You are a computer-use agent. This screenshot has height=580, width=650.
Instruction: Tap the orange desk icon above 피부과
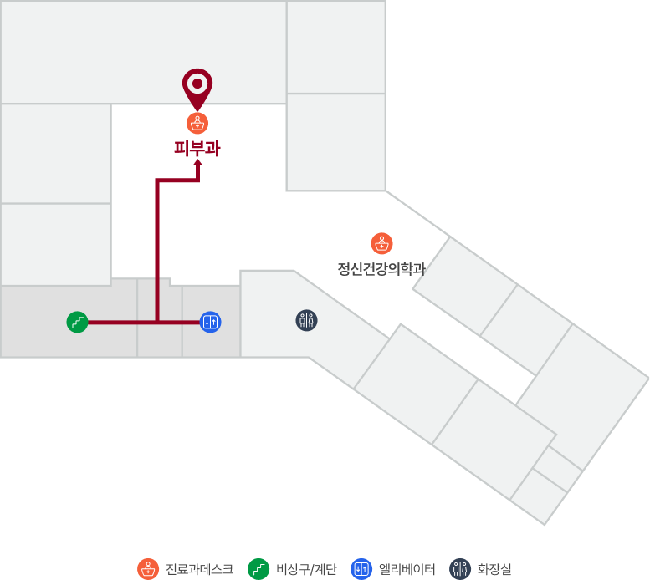click(197, 124)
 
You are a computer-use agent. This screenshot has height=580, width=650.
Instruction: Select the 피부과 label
click(197, 149)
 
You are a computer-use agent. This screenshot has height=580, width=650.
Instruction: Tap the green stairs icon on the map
click(78, 322)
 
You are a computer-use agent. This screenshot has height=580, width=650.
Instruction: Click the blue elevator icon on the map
click(211, 322)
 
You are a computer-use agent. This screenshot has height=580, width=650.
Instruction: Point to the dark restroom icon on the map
click(307, 320)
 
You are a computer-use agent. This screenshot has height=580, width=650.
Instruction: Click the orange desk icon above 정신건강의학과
click(381, 243)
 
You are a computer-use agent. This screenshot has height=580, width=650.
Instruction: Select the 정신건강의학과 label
click(381, 269)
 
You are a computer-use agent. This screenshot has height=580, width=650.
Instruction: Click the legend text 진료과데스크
click(200, 569)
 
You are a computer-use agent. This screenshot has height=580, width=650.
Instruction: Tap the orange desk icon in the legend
click(148, 569)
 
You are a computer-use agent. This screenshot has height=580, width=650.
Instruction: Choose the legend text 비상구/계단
click(306, 569)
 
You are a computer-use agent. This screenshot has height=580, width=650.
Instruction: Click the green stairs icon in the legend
click(258, 569)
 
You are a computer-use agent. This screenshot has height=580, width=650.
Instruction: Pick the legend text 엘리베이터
click(407, 569)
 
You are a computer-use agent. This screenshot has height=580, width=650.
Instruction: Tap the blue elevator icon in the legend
click(361, 569)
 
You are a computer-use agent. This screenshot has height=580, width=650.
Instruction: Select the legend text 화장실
click(494, 569)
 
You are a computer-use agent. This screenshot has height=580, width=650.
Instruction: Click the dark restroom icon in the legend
click(460, 569)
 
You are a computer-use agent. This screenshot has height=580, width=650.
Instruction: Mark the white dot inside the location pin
click(197, 84)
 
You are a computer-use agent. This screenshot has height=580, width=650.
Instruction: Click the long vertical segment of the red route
click(157, 251)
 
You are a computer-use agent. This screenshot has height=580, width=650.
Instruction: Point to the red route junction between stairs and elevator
click(157, 322)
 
